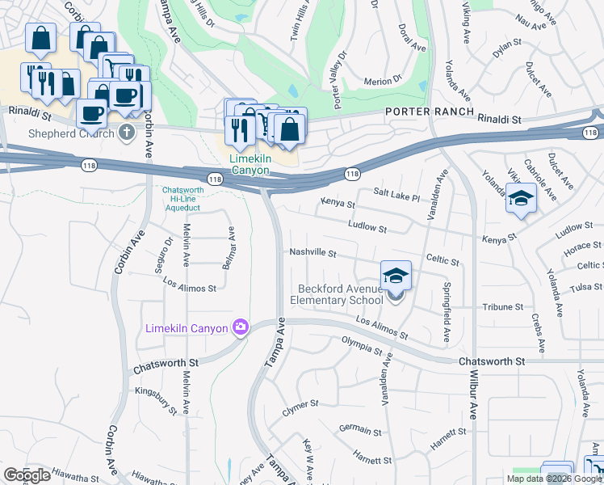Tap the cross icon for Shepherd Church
tap(125, 132)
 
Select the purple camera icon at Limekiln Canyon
tap(240, 327)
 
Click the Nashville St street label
tap(312, 252)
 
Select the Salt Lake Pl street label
tap(396, 196)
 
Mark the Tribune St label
tap(503, 307)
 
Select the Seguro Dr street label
tap(169, 252)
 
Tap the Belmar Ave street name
tap(231, 247)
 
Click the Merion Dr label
tap(383, 80)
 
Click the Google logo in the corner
tap(27, 475)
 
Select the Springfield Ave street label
tap(446, 299)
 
